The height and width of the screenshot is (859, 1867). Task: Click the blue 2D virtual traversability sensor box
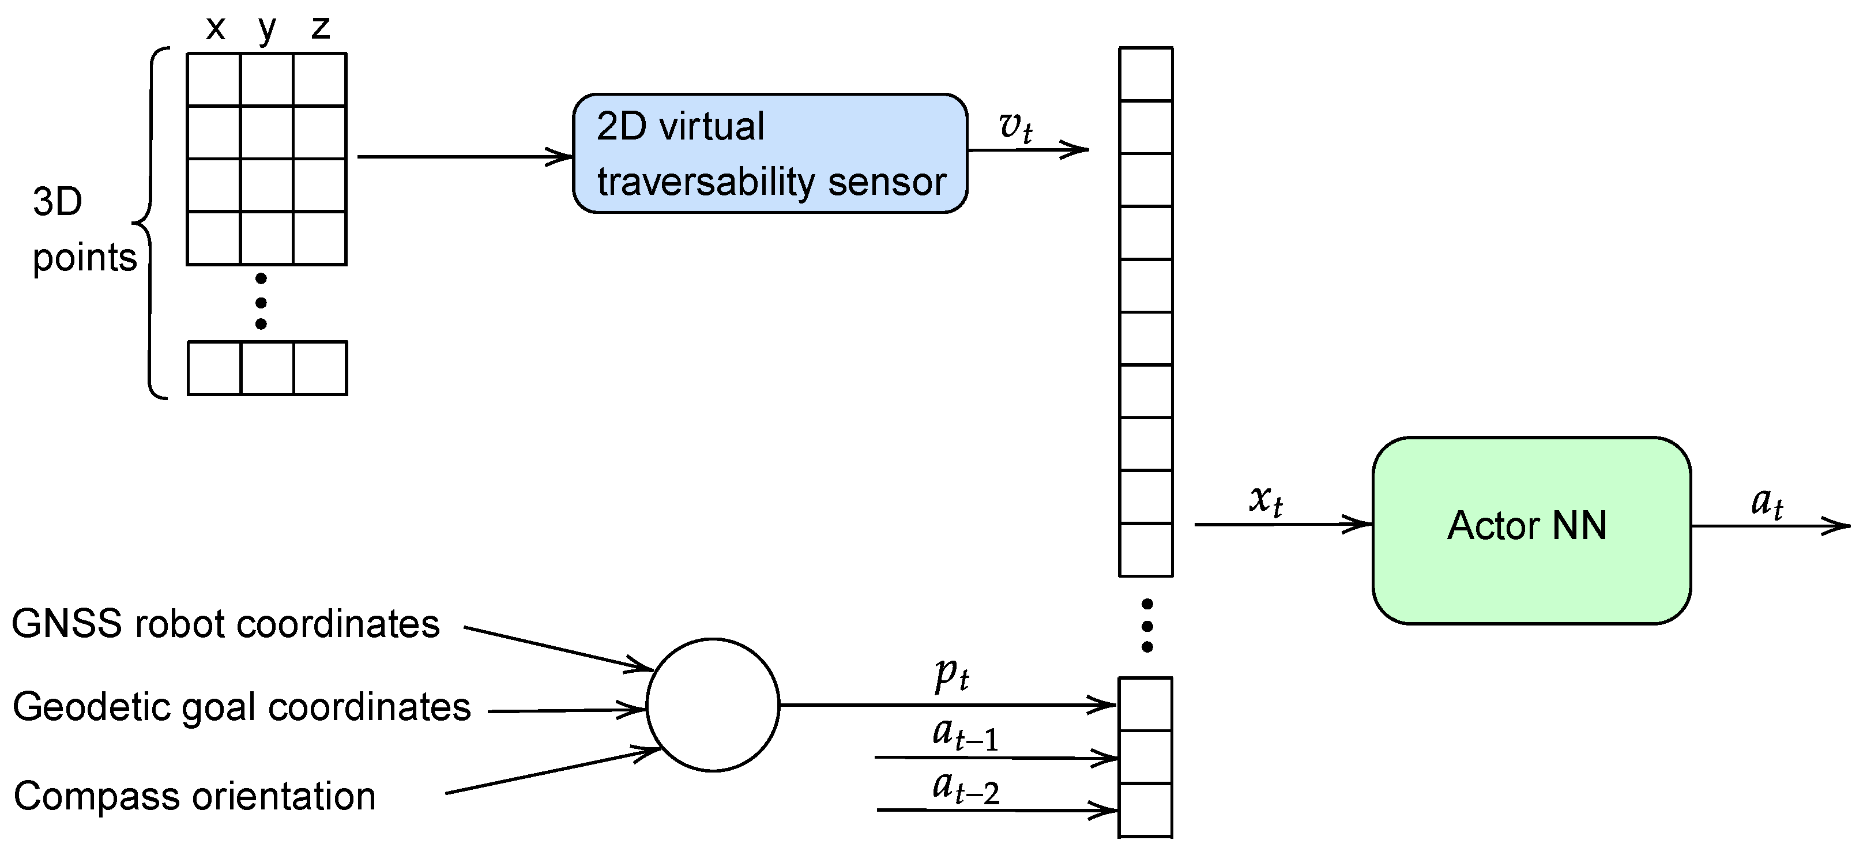click(x=770, y=153)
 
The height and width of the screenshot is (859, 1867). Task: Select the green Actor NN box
click(x=1531, y=530)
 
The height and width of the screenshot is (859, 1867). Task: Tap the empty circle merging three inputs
click(x=713, y=704)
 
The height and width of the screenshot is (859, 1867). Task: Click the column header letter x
click(x=215, y=29)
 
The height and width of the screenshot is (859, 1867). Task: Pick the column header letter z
click(x=321, y=29)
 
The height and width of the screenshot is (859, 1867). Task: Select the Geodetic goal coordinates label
click(x=242, y=707)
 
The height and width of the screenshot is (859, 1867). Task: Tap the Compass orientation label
click(x=194, y=796)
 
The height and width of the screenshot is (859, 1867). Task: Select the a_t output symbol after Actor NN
click(x=1766, y=502)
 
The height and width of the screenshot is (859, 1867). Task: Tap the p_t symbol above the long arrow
click(x=951, y=676)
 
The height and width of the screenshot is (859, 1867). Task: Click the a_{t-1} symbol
click(x=965, y=734)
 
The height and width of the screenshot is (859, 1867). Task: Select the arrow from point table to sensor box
click(x=464, y=156)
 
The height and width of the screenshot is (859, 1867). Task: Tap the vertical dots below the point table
click(x=261, y=302)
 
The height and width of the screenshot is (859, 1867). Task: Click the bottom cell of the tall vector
click(x=1145, y=811)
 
